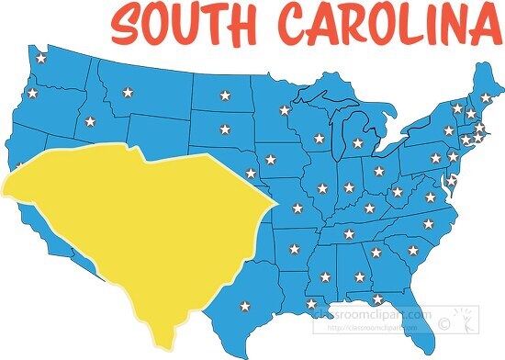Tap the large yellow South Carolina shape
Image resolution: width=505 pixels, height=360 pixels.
point(138,230)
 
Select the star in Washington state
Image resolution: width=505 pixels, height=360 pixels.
point(41,60)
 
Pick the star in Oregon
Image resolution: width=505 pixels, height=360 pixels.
point(32,93)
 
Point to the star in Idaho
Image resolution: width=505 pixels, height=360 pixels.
point(90,121)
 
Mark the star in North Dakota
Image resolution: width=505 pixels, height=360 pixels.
point(225,96)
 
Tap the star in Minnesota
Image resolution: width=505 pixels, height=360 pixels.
point(285,111)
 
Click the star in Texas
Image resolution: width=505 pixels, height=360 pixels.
point(244,307)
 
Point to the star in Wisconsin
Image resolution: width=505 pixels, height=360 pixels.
point(319,139)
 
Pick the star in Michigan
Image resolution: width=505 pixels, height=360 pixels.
point(358,142)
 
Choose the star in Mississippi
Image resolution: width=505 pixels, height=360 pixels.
point(325,274)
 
